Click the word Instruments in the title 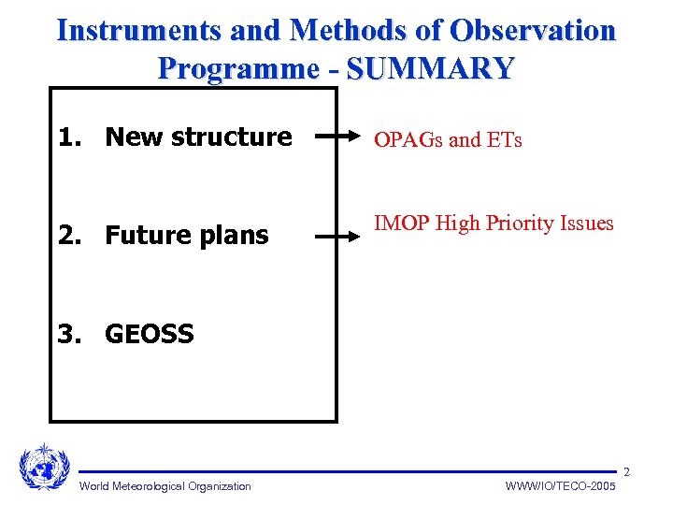pyautogui.click(x=137, y=30)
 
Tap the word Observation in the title pyautogui.click(x=533, y=30)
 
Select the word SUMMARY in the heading pyautogui.click(x=431, y=68)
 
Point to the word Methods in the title pyautogui.click(x=351, y=30)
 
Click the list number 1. pyautogui.click(x=68, y=137)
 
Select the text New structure pyautogui.click(x=198, y=137)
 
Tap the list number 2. pyautogui.click(x=68, y=235)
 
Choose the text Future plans pyautogui.click(x=187, y=235)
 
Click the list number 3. pyautogui.click(x=68, y=334)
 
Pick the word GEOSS pyautogui.click(x=150, y=334)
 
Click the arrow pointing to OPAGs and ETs pyautogui.click(x=336, y=137)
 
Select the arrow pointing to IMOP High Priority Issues pyautogui.click(x=336, y=238)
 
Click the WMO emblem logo pyautogui.click(x=44, y=465)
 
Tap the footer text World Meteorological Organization pyautogui.click(x=165, y=485)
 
